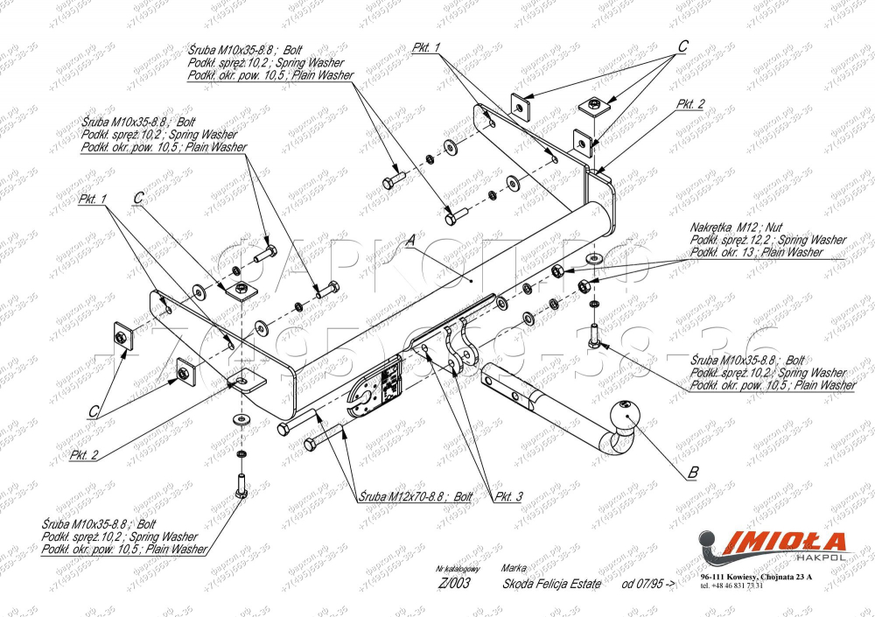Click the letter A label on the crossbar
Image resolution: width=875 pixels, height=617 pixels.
pos(409,239)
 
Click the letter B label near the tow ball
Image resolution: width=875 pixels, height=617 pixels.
pos(693,473)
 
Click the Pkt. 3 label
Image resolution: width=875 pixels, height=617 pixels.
pos(508,496)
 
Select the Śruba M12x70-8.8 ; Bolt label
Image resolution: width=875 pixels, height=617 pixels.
pos(416,496)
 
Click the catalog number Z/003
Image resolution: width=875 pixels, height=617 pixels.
pos(452,584)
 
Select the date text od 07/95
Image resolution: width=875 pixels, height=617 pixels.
pos(648,584)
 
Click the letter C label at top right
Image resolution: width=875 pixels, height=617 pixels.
pos(683,45)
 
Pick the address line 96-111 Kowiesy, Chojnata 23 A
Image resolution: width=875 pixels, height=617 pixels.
pos(756,578)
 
